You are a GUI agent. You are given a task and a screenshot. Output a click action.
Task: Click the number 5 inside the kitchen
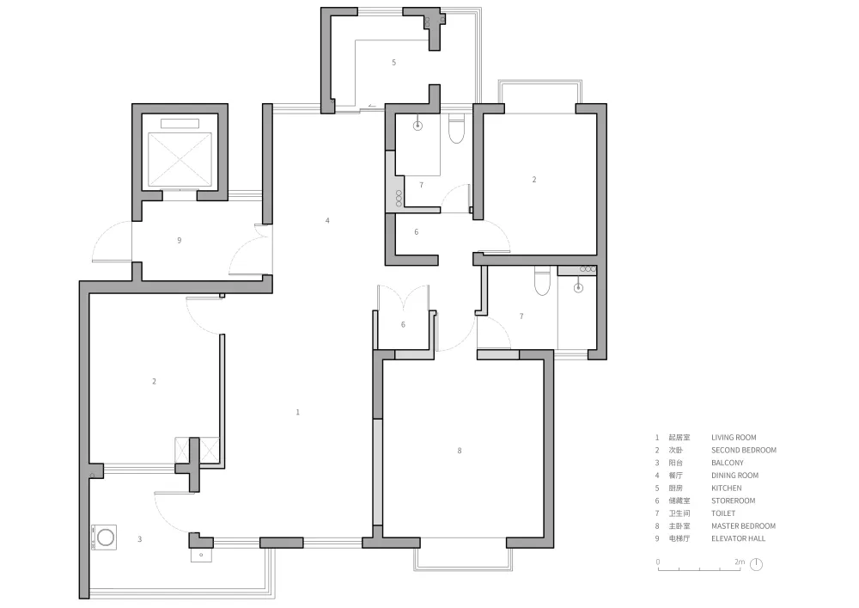[393, 63]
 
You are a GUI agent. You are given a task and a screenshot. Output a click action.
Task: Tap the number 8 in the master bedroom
[459, 451]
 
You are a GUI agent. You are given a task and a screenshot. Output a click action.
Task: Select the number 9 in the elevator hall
[180, 240]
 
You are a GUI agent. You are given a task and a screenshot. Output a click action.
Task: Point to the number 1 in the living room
[297, 412]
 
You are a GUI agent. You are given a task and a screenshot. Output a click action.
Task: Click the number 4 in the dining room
[327, 220]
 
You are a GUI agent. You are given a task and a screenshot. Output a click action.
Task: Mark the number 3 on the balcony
[140, 539]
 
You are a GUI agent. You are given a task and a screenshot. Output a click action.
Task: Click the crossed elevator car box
[180, 160]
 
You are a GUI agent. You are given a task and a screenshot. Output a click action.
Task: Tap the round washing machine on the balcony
[106, 537]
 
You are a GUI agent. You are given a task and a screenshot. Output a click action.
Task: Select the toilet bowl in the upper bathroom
[456, 129]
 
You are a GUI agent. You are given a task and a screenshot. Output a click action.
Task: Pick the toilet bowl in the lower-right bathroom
[542, 280]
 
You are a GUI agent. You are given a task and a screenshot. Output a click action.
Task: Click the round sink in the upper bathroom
[418, 126]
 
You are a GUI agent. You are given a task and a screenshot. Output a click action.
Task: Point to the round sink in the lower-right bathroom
[578, 287]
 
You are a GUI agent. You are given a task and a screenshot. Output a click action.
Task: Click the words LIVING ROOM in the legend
[734, 438]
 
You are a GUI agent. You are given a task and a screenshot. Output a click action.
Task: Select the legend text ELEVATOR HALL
[738, 538]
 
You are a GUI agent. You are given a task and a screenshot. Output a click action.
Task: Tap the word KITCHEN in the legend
[727, 488]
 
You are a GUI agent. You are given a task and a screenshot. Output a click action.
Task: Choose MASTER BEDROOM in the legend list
[743, 525]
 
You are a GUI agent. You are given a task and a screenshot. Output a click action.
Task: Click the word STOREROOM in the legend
[733, 501]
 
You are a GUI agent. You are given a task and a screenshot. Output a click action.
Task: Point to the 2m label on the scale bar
[740, 562]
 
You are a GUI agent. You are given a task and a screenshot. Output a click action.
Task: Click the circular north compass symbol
[756, 564]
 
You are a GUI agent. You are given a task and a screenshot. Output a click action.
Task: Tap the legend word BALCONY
[728, 463]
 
